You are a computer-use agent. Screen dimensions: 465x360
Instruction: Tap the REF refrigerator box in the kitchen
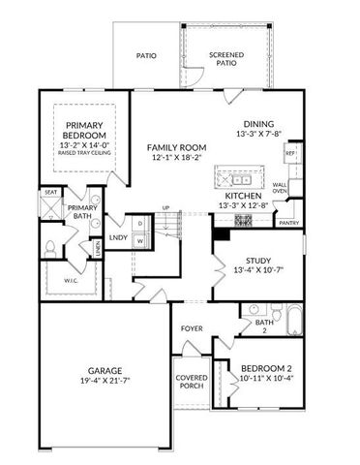(x=289, y=154)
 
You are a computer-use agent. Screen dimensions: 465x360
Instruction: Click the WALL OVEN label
(x=281, y=187)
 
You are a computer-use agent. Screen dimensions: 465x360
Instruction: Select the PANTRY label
(x=288, y=222)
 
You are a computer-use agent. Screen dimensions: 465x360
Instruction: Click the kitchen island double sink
(x=237, y=178)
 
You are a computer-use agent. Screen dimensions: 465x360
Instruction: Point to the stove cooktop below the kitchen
(x=242, y=219)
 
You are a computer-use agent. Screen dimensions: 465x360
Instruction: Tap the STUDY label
(x=257, y=260)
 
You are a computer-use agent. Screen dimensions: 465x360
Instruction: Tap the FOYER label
(x=192, y=327)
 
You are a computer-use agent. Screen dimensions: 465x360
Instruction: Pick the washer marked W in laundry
(x=139, y=239)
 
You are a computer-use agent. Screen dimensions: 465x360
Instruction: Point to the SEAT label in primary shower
(x=50, y=193)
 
